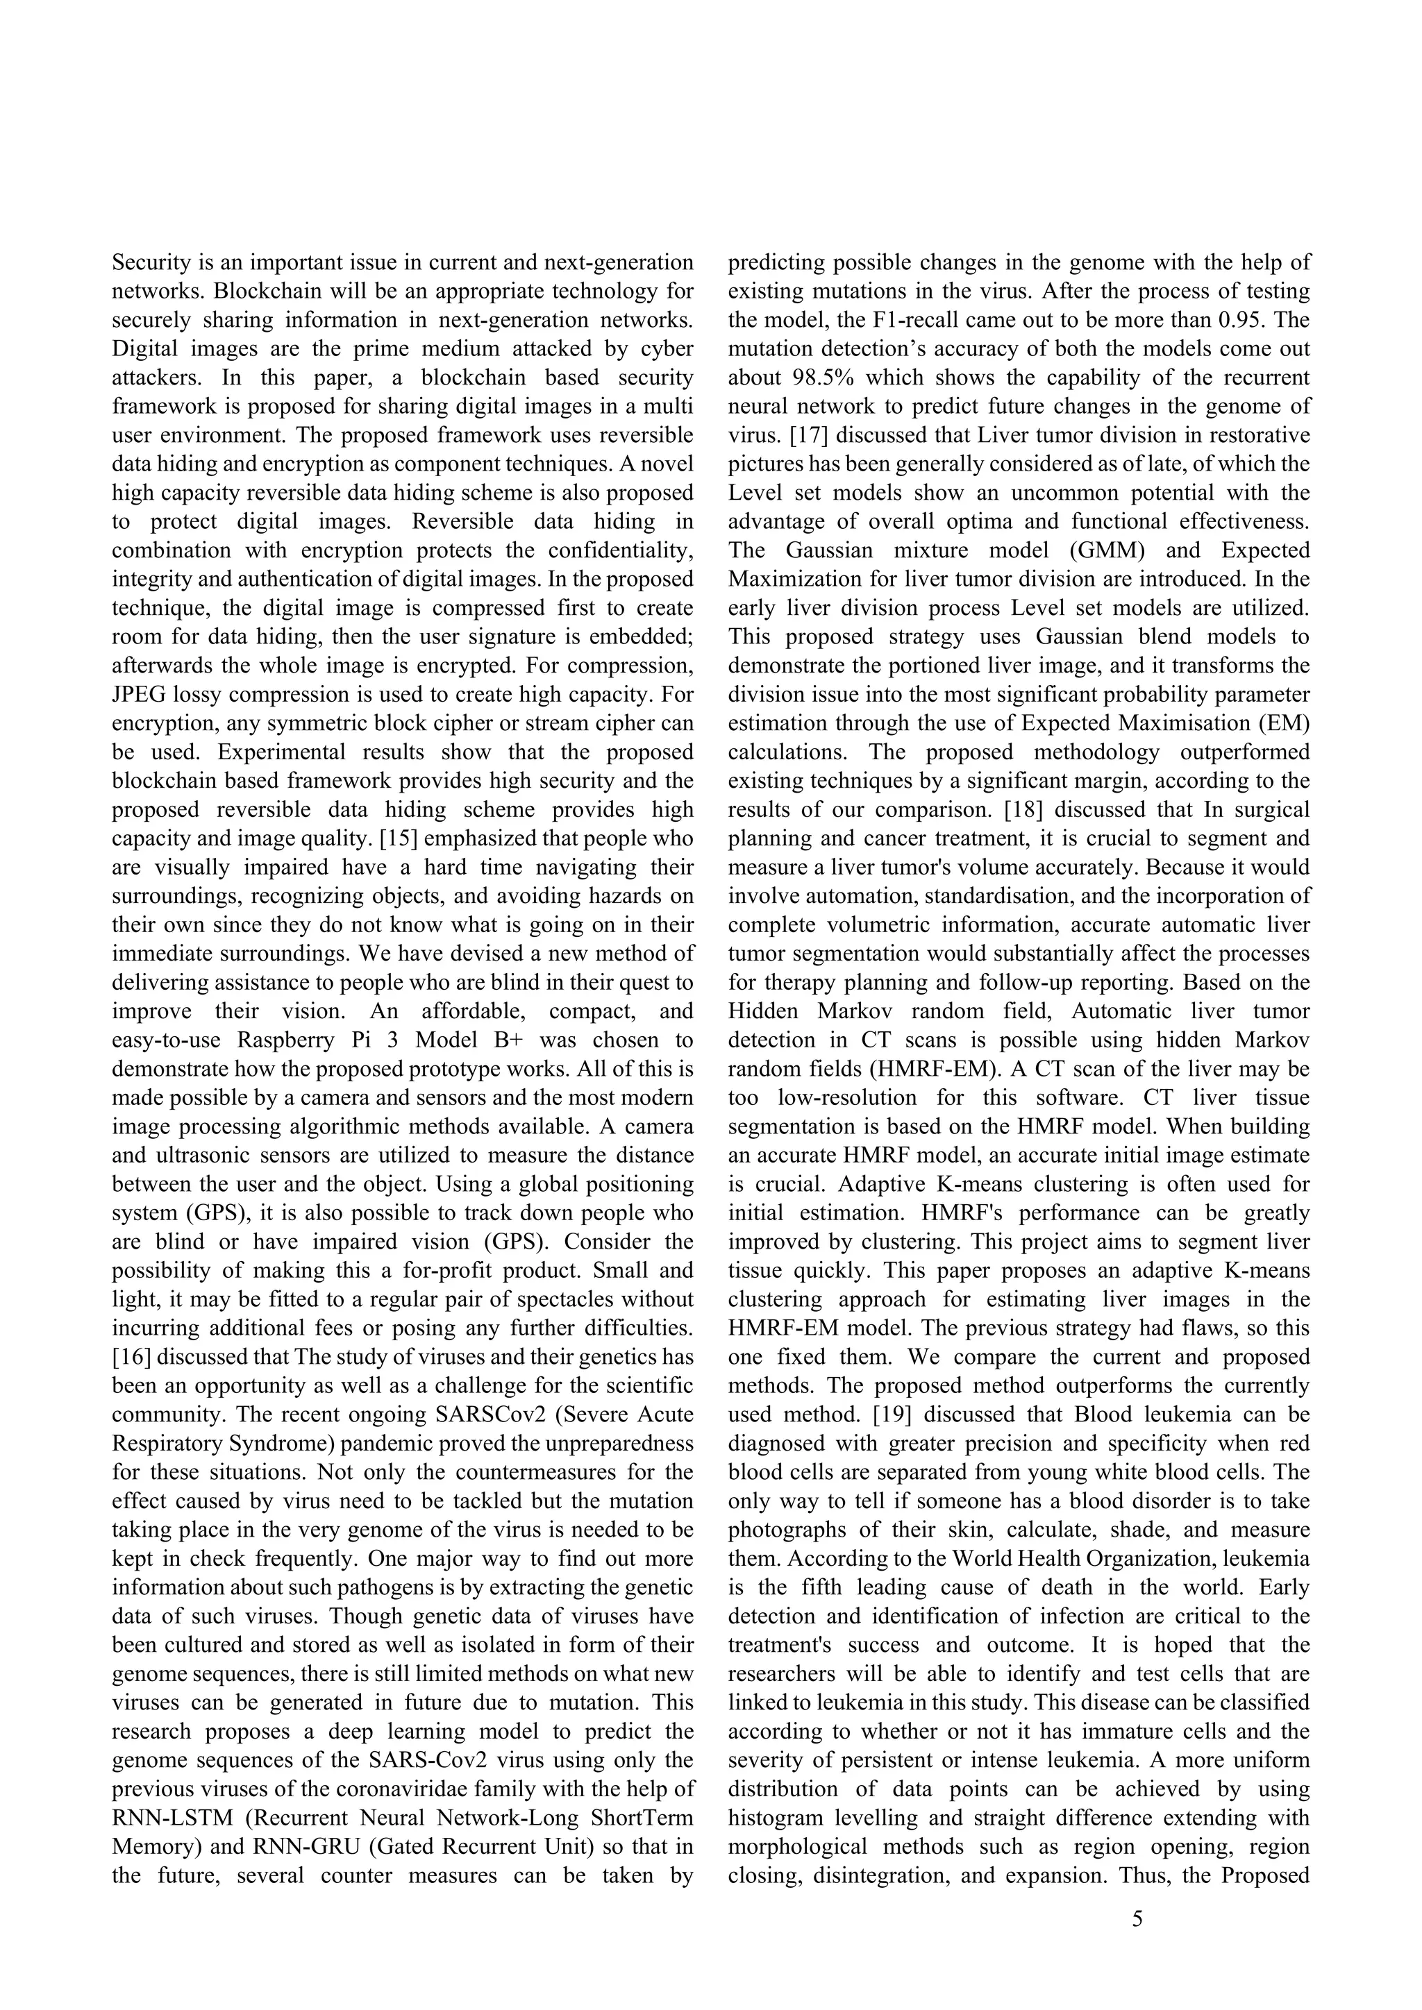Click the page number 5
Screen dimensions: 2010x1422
[x=1137, y=1920]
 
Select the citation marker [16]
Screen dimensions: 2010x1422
[x=132, y=1358]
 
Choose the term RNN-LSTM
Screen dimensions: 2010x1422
[x=172, y=1819]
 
